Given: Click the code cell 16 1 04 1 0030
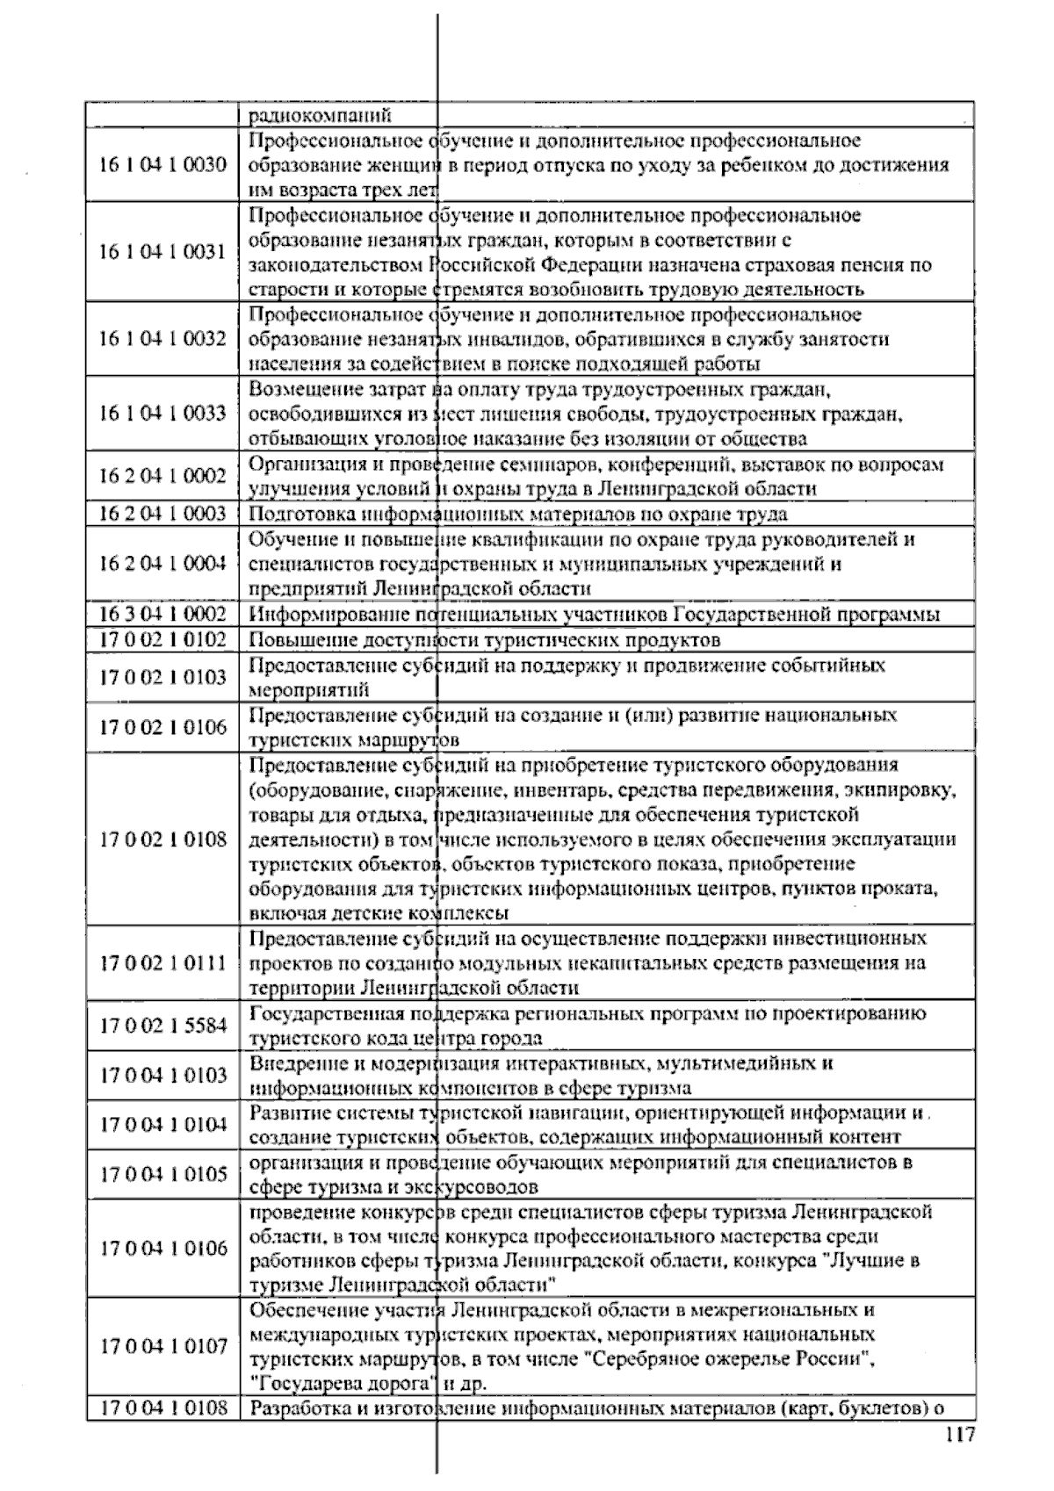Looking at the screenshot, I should tap(162, 164).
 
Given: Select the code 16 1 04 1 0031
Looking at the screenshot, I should tap(162, 252).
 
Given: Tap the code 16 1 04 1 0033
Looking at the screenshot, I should tap(162, 413).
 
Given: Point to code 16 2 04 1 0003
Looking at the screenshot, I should tap(162, 514).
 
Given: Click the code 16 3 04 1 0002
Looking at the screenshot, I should tap(162, 614).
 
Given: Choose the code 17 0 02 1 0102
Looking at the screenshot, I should tap(162, 639).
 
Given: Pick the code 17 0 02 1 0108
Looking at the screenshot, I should tap(162, 839).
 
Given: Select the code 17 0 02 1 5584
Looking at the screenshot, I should tap(162, 1025).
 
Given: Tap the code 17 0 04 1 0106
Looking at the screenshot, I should tap(162, 1249).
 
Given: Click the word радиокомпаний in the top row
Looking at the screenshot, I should tap(320, 115).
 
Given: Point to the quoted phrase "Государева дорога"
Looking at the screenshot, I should tap(344, 1384).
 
